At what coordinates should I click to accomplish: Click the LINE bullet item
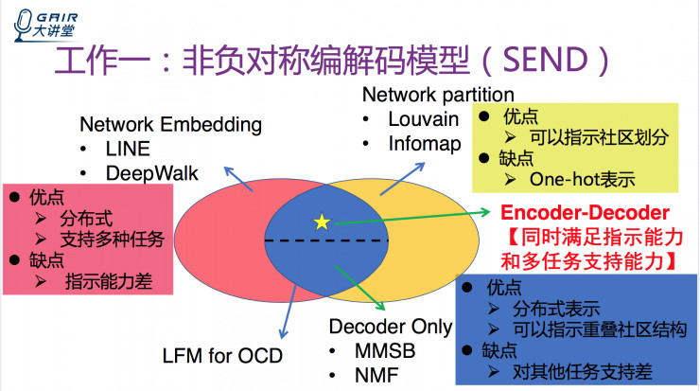126,150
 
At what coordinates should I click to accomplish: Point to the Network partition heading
439,95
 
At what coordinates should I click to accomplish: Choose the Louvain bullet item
423,120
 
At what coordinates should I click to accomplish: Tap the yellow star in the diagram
323,222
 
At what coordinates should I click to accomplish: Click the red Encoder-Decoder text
586,213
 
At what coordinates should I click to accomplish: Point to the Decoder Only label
391,327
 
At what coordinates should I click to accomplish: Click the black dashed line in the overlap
325,241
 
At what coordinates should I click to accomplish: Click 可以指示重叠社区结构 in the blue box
605,329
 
